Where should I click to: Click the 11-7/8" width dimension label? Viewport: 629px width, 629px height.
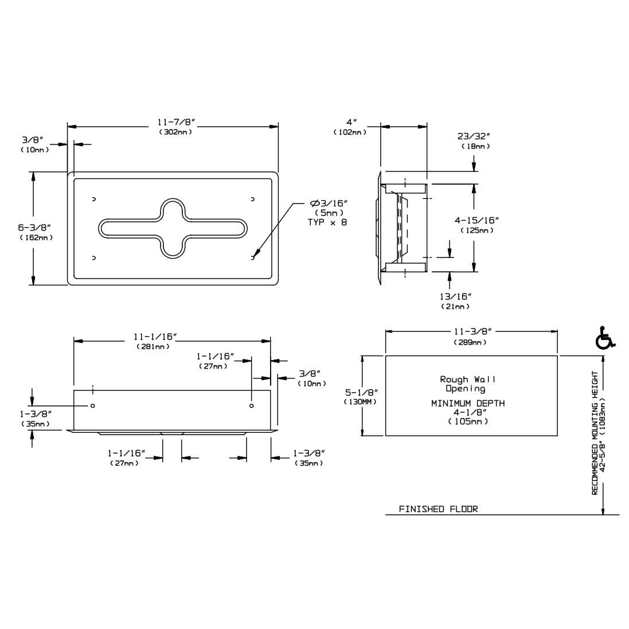pos(175,122)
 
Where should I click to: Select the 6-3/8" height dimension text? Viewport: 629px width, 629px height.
pos(34,228)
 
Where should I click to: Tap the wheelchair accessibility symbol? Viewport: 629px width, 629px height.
pos(604,338)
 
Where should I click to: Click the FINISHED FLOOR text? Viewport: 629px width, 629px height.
pos(438,509)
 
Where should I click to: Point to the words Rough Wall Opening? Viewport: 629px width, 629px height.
pos(467,384)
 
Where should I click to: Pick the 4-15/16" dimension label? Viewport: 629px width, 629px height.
pos(476,220)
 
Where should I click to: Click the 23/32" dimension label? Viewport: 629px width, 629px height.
pos(474,136)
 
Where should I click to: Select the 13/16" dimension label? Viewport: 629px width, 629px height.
pos(455,296)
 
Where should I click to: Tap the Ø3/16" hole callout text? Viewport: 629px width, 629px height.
pos(328,204)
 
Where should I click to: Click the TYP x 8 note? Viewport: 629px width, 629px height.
pos(327,222)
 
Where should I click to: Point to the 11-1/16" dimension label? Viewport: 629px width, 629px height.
pos(155,337)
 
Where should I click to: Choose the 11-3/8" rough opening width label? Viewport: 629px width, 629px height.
pos(472,332)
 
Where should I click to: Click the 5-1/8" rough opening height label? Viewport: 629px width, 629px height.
pos(361,392)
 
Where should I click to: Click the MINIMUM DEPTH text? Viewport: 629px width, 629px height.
pos(468,403)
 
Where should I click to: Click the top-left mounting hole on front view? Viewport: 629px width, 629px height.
pos(94,199)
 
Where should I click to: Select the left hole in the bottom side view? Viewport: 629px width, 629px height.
pos(93,405)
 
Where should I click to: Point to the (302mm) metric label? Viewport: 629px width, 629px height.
pos(175,131)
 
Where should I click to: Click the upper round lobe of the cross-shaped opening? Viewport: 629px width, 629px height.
pos(173,209)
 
